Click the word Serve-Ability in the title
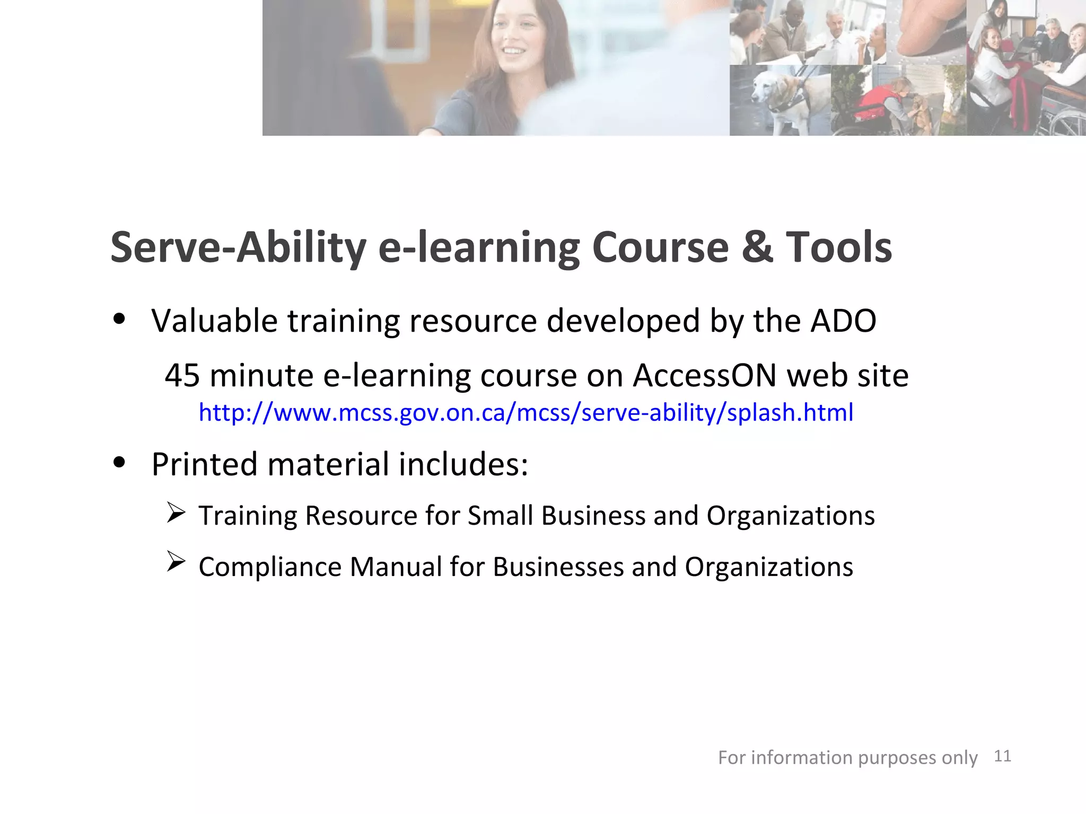pos(238,248)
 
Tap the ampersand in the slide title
pos(757,247)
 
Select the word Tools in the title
pos(838,247)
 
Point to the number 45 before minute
pos(182,376)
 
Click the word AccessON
pos(705,376)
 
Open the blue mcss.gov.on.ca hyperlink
pos(526,412)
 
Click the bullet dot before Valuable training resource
pos(119,319)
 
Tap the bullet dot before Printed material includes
pos(119,462)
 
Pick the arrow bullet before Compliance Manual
pos(176,562)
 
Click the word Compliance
pos(270,567)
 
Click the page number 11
pos(1002,756)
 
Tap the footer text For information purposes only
pos(847,758)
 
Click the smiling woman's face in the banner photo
pos(513,40)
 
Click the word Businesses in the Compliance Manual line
pos(558,567)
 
